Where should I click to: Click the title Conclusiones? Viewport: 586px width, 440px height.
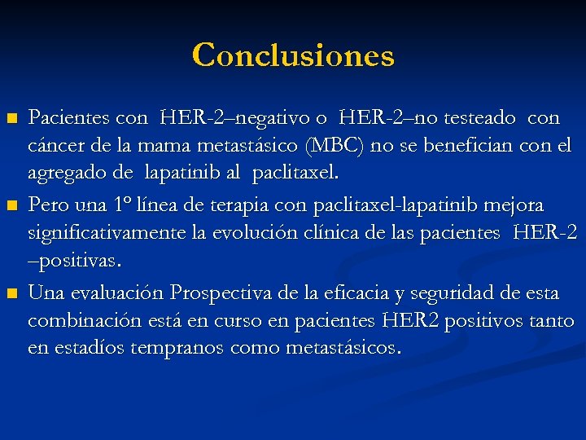293,55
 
